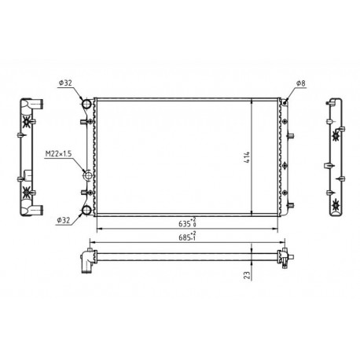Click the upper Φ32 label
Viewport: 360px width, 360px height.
tap(65, 83)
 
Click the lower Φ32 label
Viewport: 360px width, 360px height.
tap(64, 221)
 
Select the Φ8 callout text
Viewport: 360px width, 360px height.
tap(301, 83)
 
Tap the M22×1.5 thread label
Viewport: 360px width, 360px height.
tap(58, 153)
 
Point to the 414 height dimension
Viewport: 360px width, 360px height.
tap(247, 157)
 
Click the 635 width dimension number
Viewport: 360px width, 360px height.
tap(185, 224)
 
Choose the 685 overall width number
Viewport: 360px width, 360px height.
tap(185, 237)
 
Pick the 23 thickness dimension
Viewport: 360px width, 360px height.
tap(247, 275)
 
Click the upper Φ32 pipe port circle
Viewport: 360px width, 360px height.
tap(86, 104)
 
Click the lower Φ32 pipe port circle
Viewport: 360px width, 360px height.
tap(86, 210)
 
